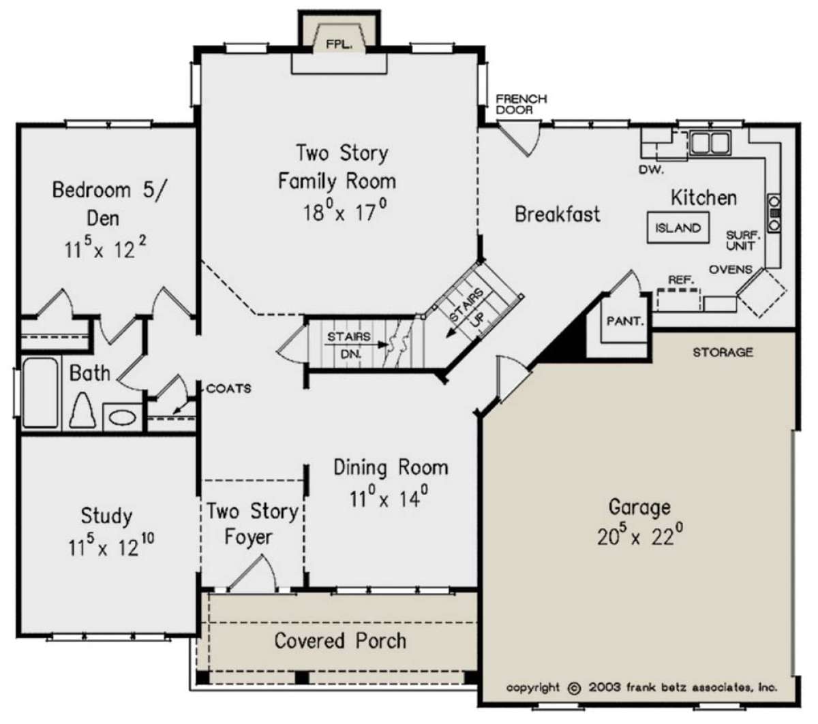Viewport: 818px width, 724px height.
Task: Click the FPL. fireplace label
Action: point(339,44)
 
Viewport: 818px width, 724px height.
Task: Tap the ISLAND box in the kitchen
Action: point(678,228)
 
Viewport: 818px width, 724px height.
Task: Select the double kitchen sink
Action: point(710,142)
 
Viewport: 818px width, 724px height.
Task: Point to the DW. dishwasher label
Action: point(651,170)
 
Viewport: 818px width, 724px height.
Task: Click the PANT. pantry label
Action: point(624,321)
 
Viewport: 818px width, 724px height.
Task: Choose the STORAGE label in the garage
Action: point(723,352)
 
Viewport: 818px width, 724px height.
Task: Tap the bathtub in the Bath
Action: point(40,392)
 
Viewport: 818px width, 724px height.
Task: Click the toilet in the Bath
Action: point(82,410)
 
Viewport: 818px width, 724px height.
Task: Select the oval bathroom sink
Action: point(123,418)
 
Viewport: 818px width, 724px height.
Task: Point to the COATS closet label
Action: point(228,388)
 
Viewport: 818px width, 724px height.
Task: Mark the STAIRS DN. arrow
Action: point(356,345)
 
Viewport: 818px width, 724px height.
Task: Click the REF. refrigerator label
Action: point(681,279)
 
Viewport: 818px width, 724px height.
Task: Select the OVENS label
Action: point(730,270)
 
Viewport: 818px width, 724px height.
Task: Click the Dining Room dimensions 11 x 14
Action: point(389,498)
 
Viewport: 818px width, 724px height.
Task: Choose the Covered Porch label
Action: point(340,640)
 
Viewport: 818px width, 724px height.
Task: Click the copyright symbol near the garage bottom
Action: point(574,688)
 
